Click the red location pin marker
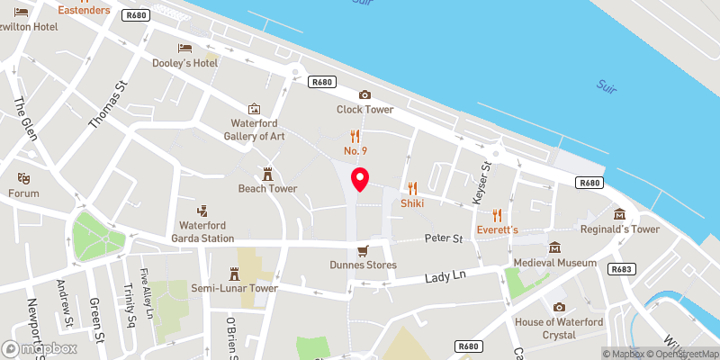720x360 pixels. point(360,179)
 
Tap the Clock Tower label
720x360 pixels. point(365,110)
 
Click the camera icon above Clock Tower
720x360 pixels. point(364,94)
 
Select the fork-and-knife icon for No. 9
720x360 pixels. point(355,137)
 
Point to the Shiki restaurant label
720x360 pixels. point(413,203)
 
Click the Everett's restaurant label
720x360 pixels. point(498,230)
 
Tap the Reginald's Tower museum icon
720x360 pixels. point(620,214)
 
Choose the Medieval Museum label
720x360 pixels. point(555,263)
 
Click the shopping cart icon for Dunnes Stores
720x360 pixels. point(363,250)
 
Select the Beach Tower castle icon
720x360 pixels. point(267,174)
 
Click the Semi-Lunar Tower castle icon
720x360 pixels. point(234,273)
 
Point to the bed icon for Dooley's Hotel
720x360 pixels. point(184,48)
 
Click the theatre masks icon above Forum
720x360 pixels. point(24,178)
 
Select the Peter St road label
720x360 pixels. point(444,239)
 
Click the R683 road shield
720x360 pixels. point(621,269)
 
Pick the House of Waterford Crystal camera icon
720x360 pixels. point(558,307)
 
